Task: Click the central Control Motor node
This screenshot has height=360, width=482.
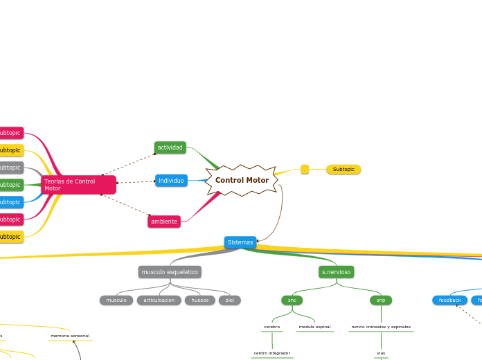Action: point(242,180)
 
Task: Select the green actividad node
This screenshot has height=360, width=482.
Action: point(170,147)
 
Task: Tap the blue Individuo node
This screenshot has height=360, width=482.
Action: point(170,181)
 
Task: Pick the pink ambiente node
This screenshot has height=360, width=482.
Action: point(164,222)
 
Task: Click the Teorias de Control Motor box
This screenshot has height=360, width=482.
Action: point(78,185)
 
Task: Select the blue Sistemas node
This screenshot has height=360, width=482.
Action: point(240,242)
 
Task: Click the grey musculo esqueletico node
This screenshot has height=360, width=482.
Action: point(170,272)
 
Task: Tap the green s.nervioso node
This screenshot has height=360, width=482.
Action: point(337,272)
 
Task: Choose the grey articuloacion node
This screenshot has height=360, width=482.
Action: point(159,300)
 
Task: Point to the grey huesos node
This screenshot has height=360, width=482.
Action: point(199,300)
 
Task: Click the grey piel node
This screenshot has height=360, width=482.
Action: point(229,300)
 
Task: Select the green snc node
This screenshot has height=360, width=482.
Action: point(292,300)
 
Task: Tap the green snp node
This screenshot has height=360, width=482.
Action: point(381,300)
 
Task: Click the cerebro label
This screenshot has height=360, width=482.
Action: point(271,326)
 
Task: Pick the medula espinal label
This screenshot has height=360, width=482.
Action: point(314,326)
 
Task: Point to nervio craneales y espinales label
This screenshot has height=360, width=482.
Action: point(381,326)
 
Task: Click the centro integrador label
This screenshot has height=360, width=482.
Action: point(271,353)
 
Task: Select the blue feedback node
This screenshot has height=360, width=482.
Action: point(449,300)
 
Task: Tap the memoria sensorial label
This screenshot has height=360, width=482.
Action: point(70,336)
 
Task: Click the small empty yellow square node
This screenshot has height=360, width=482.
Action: point(305,169)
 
